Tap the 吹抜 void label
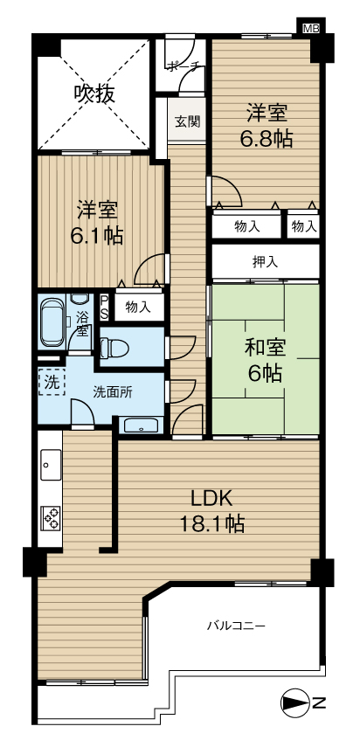(94, 93)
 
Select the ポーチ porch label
(182, 67)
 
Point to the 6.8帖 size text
(267, 140)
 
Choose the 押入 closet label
(265, 262)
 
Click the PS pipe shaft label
(104, 308)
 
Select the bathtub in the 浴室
(52, 323)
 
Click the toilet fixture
(114, 346)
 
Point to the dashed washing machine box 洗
(51, 381)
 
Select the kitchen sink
(51, 464)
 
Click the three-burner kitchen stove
(51, 517)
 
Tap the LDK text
(212, 499)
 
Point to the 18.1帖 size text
(212, 523)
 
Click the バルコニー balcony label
(236, 626)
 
